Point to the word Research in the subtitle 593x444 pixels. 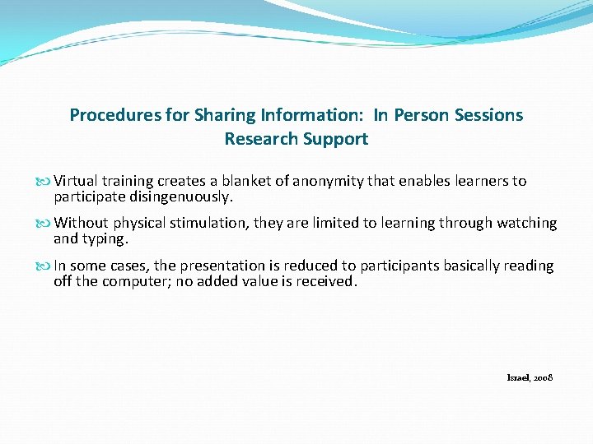259,139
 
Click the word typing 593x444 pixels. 102,239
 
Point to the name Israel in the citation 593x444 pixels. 517,377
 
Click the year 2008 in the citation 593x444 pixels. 543,377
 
